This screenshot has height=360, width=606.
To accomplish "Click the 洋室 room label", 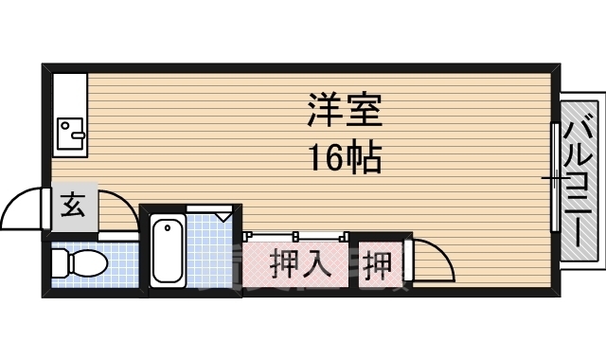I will click(344, 113).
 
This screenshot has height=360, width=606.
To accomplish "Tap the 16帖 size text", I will click(343, 157).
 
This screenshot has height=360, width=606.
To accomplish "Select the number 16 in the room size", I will click(323, 157).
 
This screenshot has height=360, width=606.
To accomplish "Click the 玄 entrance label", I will click(72, 204).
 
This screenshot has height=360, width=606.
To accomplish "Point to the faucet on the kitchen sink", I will click(65, 123).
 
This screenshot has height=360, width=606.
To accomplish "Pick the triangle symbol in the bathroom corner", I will click(224, 217).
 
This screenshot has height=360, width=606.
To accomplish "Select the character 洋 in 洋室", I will click(323, 113).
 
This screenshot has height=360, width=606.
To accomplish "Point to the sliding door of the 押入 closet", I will click(295, 235).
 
